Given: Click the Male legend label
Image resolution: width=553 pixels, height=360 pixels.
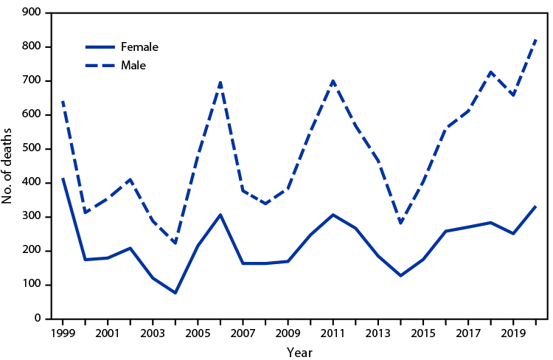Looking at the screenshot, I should pyautogui.click(x=134, y=66).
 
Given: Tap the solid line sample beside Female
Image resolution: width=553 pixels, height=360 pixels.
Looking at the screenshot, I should pyautogui.click(x=102, y=46).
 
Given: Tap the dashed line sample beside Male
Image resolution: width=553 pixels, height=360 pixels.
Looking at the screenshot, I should pyautogui.click(x=102, y=66).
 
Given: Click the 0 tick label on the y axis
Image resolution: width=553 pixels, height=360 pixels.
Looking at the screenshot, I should pyautogui.click(x=35, y=319).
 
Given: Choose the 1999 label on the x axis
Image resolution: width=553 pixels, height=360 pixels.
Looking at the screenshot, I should pyautogui.click(x=62, y=333).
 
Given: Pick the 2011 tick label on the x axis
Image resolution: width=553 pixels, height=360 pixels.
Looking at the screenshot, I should pyautogui.click(x=333, y=333).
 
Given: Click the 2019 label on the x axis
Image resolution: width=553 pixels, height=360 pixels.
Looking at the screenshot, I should pyautogui.click(x=513, y=333).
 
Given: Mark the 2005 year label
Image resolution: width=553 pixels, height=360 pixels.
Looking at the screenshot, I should pyautogui.click(x=198, y=333).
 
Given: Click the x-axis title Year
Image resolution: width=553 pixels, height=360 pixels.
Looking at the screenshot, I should pyautogui.click(x=299, y=351).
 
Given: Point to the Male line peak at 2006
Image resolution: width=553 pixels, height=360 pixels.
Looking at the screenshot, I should pyautogui.click(x=220, y=82).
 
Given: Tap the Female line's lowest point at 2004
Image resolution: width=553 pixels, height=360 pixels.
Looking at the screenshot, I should pyautogui.click(x=175, y=293).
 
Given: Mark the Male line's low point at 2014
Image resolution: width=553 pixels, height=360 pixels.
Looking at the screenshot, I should pyautogui.click(x=400, y=223).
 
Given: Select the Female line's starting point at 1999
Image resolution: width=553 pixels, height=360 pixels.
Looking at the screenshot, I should pyautogui.click(x=63, y=179).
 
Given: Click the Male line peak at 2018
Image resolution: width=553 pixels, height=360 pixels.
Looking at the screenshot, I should pyautogui.click(x=491, y=72).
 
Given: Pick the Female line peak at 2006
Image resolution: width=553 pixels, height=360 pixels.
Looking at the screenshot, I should pyautogui.click(x=220, y=215).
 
